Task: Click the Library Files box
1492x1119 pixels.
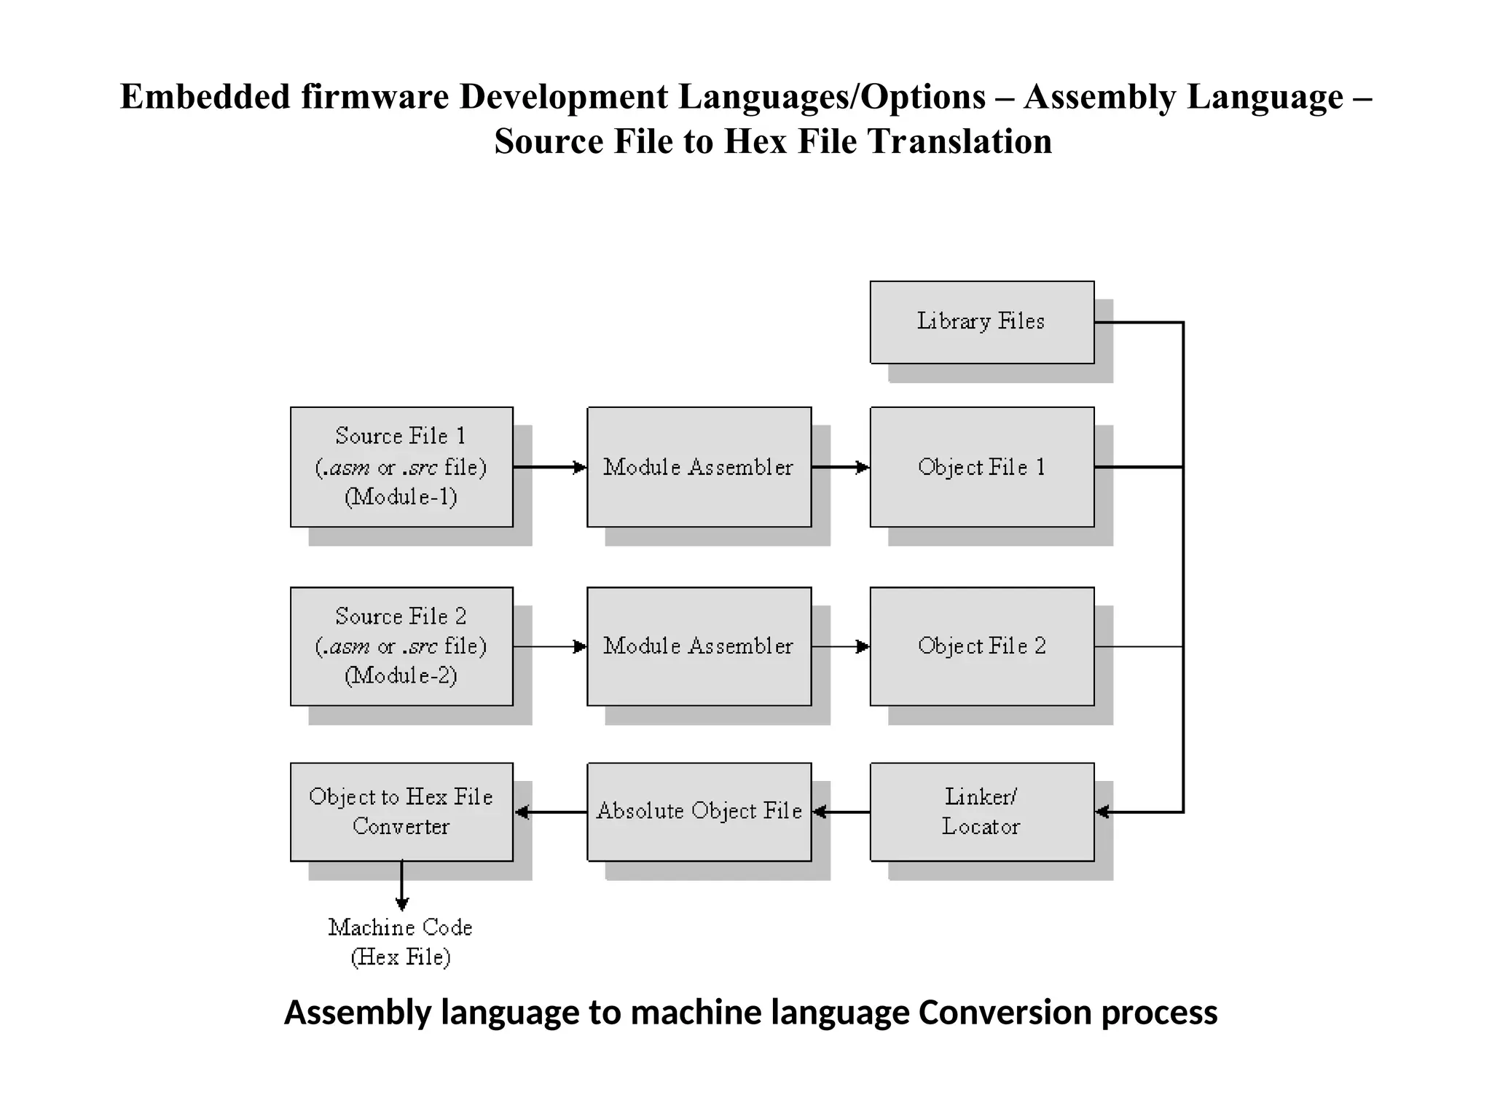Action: click(981, 322)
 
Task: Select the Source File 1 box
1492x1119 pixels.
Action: click(401, 467)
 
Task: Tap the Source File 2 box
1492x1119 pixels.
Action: click(401, 646)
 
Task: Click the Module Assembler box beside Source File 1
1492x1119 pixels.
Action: click(699, 467)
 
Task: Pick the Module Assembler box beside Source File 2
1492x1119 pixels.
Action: click(699, 646)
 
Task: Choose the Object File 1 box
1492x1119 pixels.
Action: click(981, 467)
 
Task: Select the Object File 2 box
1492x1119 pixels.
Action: click(981, 646)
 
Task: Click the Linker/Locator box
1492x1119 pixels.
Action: click(981, 812)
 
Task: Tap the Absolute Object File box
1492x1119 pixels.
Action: click(699, 812)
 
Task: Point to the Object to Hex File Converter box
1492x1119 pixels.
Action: click(401, 812)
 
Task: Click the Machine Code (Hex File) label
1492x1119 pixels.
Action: click(401, 942)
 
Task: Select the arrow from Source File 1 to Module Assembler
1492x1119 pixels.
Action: click(550, 467)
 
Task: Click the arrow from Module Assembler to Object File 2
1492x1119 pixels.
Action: click(840, 646)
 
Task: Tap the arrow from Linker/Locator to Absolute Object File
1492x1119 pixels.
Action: click(841, 812)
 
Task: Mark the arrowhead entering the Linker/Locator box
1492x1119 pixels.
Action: click(1102, 812)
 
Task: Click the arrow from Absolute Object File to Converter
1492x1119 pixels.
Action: click(551, 812)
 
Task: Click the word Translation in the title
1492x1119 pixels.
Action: click(959, 141)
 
